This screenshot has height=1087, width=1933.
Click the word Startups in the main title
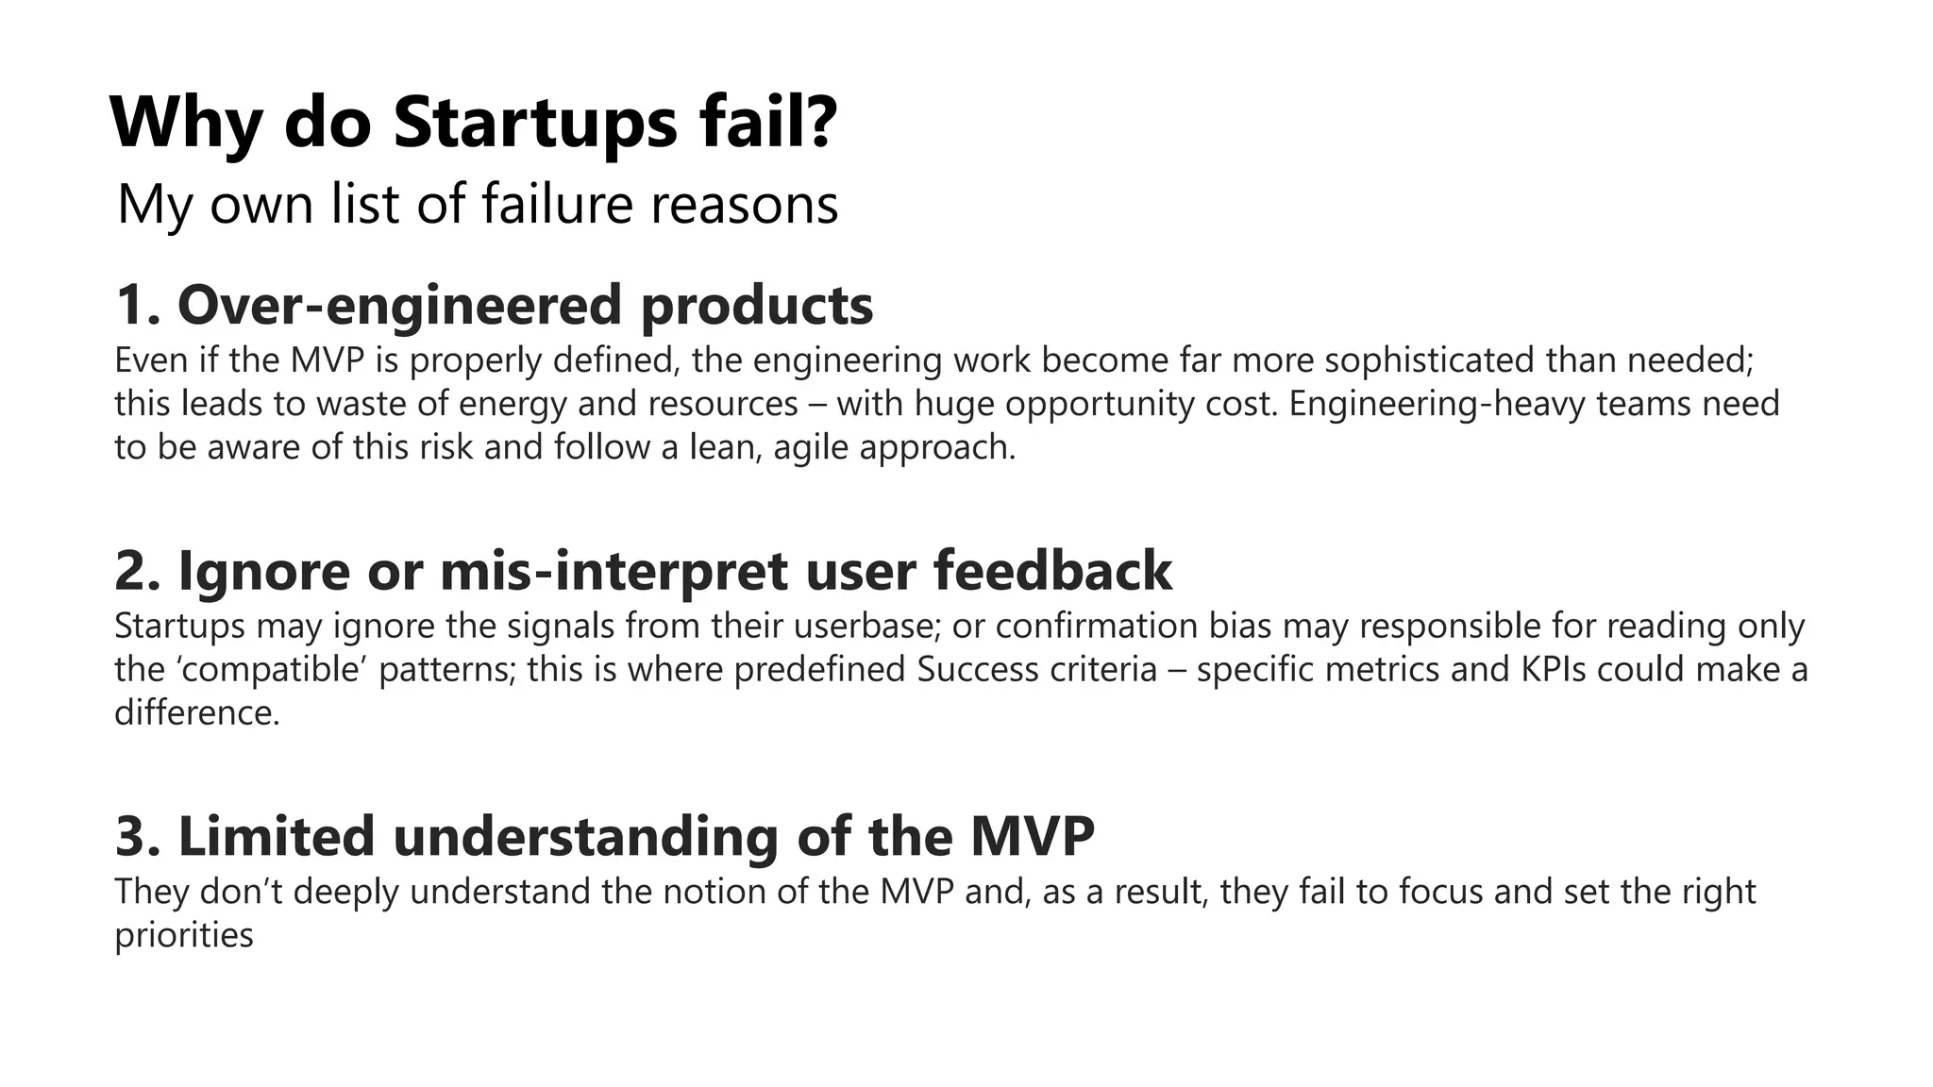[x=534, y=123]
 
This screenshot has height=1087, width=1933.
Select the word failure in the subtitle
[x=557, y=204]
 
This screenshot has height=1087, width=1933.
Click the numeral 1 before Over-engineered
[x=132, y=306]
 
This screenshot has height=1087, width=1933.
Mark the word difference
[x=196, y=712]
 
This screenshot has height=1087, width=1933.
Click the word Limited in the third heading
[x=276, y=837]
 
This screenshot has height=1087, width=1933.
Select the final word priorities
[x=184, y=935]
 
